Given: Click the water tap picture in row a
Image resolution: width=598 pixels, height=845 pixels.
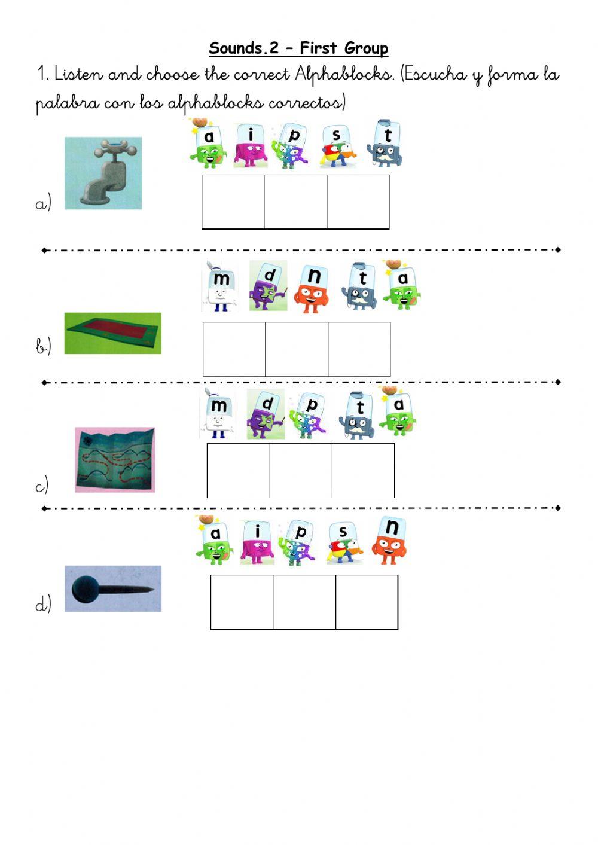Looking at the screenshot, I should tap(103, 173).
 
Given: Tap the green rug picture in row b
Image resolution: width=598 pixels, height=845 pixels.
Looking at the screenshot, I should tap(112, 333).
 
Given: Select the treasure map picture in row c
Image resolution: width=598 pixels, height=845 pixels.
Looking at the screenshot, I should tap(115, 459).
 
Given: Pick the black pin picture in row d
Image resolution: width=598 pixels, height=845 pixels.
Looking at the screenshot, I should tap(112, 588).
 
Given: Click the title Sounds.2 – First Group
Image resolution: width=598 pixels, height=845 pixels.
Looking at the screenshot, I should tap(298, 48).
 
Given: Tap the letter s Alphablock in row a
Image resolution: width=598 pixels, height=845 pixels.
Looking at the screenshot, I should tap(337, 147).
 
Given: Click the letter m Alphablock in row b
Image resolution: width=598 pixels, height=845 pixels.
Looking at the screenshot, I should tap(219, 288).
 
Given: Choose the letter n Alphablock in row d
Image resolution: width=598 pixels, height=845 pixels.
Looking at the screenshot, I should tap(390, 541).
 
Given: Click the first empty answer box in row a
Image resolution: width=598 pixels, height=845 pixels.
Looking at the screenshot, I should tap(233, 202).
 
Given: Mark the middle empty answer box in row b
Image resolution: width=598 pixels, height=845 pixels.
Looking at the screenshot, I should tap(297, 349).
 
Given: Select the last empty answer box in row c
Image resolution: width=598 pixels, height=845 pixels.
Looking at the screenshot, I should tap(363, 471).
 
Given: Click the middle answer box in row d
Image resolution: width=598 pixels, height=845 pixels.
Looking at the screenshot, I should tap(304, 602).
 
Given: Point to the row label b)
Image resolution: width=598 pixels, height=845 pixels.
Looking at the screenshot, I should tap(43, 346).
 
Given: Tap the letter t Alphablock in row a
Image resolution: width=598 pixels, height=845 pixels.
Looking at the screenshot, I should tap(386, 145).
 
